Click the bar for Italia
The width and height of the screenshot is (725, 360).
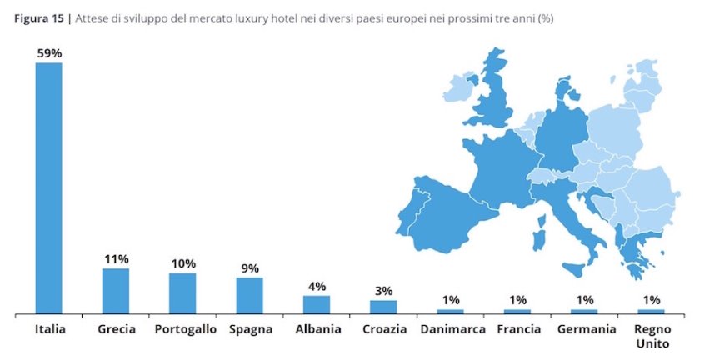click(x=48, y=187)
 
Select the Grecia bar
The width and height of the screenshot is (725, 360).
click(x=116, y=291)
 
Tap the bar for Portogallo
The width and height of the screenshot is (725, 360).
click(x=182, y=293)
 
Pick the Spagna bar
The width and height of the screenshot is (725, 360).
click(x=249, y=295)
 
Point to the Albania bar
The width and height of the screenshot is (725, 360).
click(x=317, y=304)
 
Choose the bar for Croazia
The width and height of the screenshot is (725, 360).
click(x=383, y=307)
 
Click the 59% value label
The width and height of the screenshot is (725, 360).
click(x=48, y=53)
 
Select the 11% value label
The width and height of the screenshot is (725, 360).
click(x=116, y=259)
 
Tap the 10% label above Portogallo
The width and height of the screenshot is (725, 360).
click(x=182, y=263)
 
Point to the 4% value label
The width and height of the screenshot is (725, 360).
click(x=317, y=286)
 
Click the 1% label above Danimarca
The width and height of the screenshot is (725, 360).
click(x=451, y=299)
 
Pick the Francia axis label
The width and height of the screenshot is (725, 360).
click(x=518, y=329)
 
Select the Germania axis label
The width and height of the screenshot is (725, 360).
click(x=584, y=329)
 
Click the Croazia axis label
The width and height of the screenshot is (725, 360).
click(x=384, y=329)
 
